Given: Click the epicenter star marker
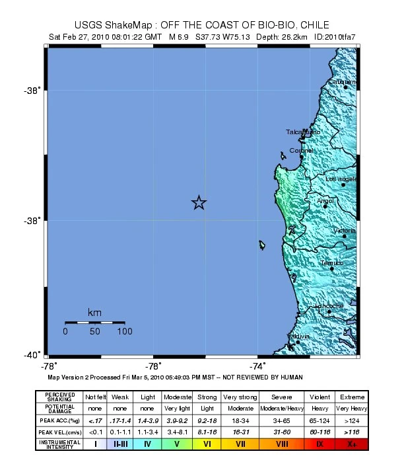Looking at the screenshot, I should (x=199, y=203).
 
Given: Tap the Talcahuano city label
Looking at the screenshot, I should (x=303, y=132).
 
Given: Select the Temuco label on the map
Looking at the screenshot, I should (x=331, y=263).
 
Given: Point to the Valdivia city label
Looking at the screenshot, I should (x=298, y=336).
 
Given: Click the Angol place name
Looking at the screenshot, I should (x=325, y=200).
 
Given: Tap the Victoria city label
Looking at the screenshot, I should (x=344, y=230).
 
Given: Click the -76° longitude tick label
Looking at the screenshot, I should (x=153, y=366).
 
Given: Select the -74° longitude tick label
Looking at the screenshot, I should (x=257, y=366).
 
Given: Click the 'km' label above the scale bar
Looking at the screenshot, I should (x=94, y=312).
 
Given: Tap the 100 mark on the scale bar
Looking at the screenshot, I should (x=124, y=331).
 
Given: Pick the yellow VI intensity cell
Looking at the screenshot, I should (x=207, y=444).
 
